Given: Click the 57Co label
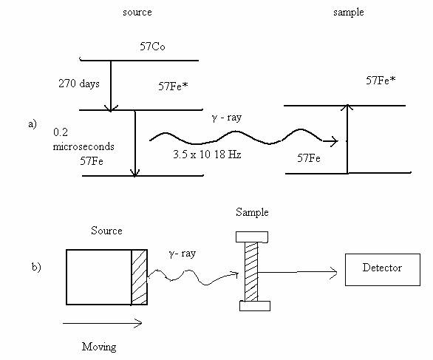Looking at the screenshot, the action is pyautogui.click(x=152, y=47).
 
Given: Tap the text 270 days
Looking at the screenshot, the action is pyautogui.click(x=79, y=84).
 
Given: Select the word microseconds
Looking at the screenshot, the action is pyautogui.click(x=83, y=146).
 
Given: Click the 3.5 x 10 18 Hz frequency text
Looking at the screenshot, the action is pyautogui.click(x=207, y=154).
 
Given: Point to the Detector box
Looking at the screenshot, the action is pyautogui.click(x=383, y=270).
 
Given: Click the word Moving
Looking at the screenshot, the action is pyautogui.click(x=99, y=347).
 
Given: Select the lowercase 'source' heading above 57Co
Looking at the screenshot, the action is pyautogui.click(x=137, y=13).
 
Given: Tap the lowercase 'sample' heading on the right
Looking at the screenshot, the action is pyautogui.click(x=349, y=13).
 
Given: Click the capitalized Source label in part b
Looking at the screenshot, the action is pyautogui.click(x=106, y=231).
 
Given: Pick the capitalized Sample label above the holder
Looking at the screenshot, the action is pyautogui.click(x=252, y=212).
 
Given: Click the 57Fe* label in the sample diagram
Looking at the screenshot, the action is pyautogui.click(x=381, y=81).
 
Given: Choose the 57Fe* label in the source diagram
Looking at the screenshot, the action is pyautogui.click(x=173, y=86).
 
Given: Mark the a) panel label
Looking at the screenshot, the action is pyautogui.click(x=33, y=123).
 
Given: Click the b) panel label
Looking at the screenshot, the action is pyautogui.click(x=36, y=267).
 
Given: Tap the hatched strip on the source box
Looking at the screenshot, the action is pyautogui.click(x=139, y=277).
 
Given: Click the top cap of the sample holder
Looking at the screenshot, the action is pyautogui.click(x=252, y=237).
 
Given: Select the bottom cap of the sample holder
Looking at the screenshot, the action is pyautogui.click(x=255, y=306).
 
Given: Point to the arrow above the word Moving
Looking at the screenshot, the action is pyautogui.click(x=102, y=323).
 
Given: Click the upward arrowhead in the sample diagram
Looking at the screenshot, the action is pyautogui.click(x=348, y=107).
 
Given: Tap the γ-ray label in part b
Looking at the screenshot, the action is pyautogui.click(x=183, y=254).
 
